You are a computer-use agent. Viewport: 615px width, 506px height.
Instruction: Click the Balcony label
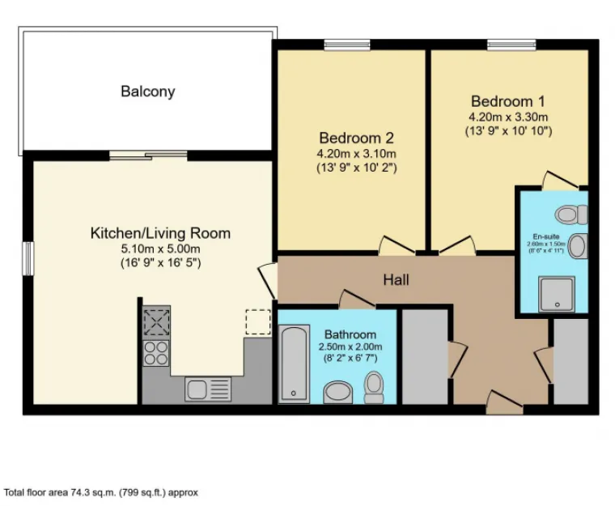pyautogui.click(x=147, y=91)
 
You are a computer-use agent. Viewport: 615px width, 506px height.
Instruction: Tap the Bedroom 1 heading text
pyautogui.click(x=507, y=102)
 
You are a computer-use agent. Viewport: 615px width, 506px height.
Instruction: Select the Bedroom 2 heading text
pyautogui.click(x=356, y=138)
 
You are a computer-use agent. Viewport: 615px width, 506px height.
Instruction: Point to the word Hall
pyautogui.click(x=396, y=280)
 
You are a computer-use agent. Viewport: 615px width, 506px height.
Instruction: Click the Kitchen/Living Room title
pyautogui.click(x=160, y=233)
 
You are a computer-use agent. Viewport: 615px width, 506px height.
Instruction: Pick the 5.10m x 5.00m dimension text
pyautogui.click(x=160, y=249)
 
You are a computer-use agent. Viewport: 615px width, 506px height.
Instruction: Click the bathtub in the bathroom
pyautogui.click(x=293, y=364)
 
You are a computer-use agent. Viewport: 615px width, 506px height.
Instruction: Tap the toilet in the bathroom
pyautogui.click(x=374, y=387)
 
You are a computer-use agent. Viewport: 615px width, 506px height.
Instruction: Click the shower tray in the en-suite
pyautogui.click(x=557, y=294)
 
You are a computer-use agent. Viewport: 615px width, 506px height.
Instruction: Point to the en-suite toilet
pyautogui.click(x=571, y=215)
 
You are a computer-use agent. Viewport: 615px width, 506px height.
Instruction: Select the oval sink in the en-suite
pyautogui.click(x=576, y=246)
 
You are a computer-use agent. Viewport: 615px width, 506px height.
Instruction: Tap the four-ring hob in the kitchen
pyautogui.click(x=156, y=352)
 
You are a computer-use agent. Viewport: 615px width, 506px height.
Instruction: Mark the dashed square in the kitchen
pyautogui.click(x=258, y=321)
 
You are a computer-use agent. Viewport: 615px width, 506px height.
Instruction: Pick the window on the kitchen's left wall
pyautogui.click(x=27, y=258)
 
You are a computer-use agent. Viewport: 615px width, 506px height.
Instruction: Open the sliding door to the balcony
pyautogui.click(x=148, y=155)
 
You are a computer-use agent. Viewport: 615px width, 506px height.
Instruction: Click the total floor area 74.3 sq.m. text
pyautogui.click(x=101, y=491)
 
